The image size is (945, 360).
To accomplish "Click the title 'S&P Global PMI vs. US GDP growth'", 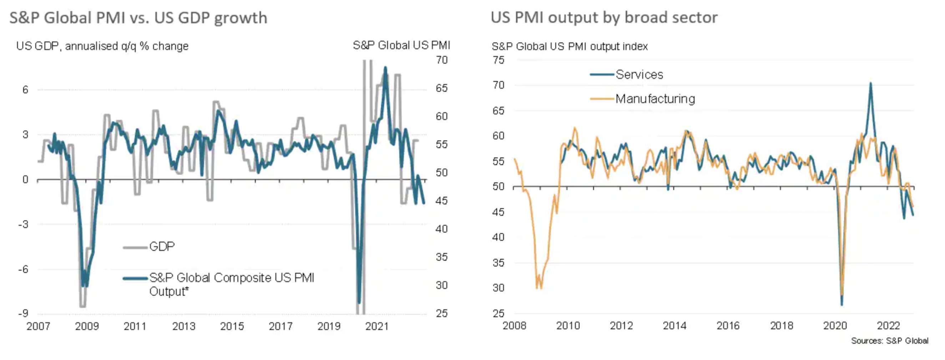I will pyautogui.click(x=138, y=18).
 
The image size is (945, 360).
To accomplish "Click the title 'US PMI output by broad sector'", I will pyautogui.click(x=604, y=17).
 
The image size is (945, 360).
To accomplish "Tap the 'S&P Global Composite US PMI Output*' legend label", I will pyautogui.click(x=232, y=284).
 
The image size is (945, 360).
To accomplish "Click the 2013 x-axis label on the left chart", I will pyautogui.click(x=183, y=326).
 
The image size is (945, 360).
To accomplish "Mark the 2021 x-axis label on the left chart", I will pyautogui.click(x=377, y=326).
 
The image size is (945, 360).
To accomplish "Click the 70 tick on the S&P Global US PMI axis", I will pyautogui.click(x=442, y=60).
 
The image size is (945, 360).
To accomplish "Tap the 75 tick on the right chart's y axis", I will pyautogui.click(x=499, y=60).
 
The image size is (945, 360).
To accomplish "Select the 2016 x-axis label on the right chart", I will pyautogui.click(x=728, y=325).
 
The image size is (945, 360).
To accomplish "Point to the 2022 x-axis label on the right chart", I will pyautogui.click(x=888, y=325).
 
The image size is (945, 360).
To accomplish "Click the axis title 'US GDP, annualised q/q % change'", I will pyautogui.click(x=102, y=46).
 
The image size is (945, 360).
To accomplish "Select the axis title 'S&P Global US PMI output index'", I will pyautogui.click(x=569, y=46).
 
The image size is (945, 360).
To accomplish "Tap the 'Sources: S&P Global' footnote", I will pyautogui.click(x=890, y=341).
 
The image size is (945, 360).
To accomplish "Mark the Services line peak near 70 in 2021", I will pyautogui.click(x=870, y=83).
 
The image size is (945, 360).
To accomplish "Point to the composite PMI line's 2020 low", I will pyautogui.click(x=359, y=303).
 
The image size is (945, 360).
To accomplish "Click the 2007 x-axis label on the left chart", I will pyautogui.click(x=38, y=326).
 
